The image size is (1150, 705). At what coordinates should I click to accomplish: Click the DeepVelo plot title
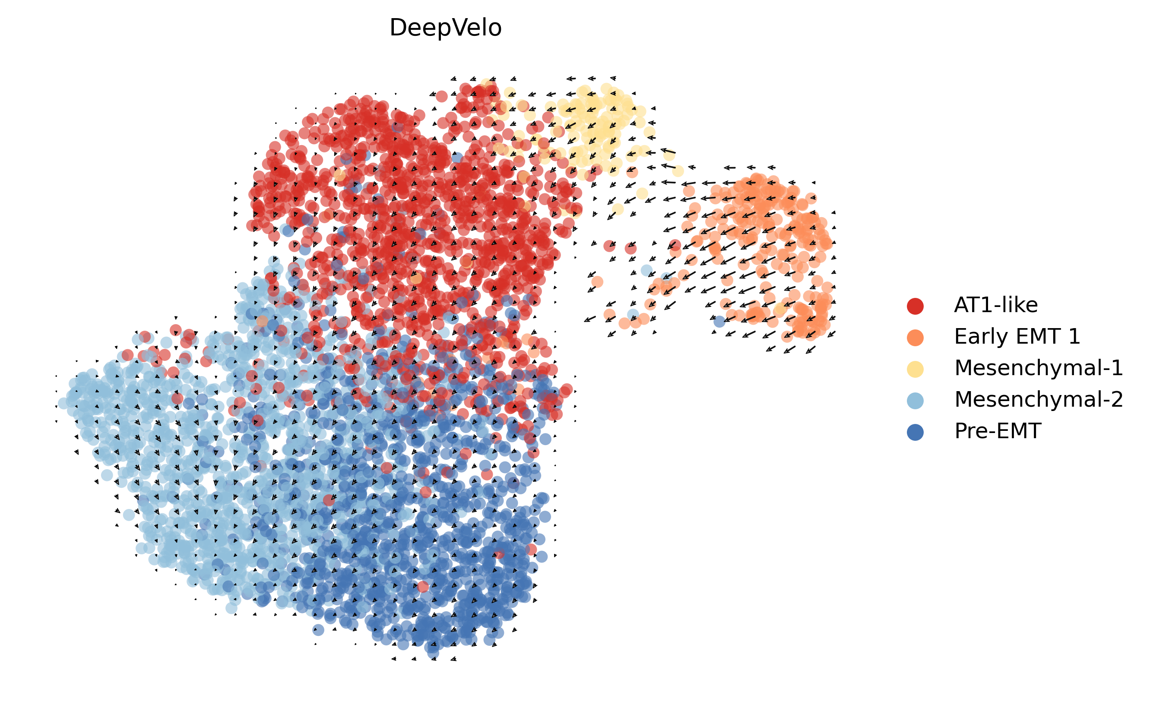(x=445, y=28)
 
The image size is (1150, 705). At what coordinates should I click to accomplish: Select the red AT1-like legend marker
(x=915, y=306)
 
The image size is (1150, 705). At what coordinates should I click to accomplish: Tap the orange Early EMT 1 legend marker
(x=915, y=337)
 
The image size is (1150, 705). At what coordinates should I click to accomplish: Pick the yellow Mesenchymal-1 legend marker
(x=915, y=369)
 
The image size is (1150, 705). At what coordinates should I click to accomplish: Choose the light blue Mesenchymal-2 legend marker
(x=915, y=400)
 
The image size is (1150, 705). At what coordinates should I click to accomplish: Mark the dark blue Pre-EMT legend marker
(x=915, y=432)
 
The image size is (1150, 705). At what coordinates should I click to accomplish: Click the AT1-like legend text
(x=996, y=305)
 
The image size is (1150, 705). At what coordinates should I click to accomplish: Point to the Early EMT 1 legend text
(x=1017, y=336)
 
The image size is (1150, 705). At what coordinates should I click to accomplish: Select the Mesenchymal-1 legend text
(x=1039, y=368)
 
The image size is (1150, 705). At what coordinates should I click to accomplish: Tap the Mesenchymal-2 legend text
(x=1039, y=399)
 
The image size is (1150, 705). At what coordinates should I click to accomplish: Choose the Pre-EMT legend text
(x=998, y=431)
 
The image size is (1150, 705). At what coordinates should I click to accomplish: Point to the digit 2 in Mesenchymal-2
(x=1116, y=399)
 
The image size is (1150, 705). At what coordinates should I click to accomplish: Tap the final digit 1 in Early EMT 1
(x=1074, y=336)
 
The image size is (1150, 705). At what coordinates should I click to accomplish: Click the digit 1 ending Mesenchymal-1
(x=1117, y=368)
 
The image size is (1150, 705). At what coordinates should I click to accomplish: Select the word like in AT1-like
(x=1022, y=305)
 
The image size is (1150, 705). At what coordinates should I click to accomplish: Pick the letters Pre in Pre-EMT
(x=970, y=431)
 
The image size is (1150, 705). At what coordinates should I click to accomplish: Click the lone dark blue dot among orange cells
(x=719, y=321)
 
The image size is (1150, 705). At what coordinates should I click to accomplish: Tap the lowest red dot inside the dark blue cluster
(x=423, y=586)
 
